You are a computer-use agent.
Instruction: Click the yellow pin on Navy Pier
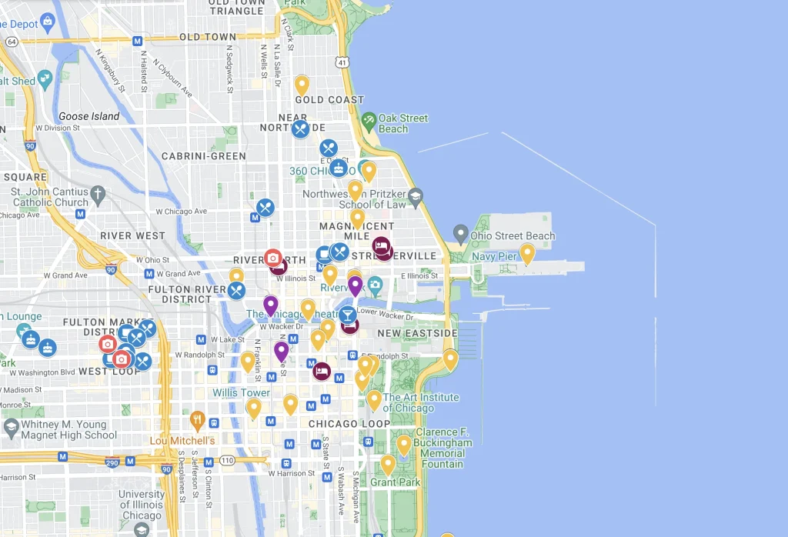pos(527,252)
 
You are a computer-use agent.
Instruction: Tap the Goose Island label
pos(89,116)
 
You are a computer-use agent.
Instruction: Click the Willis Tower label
pos(242,392)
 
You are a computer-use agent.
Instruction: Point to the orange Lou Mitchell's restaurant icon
pos(198,420)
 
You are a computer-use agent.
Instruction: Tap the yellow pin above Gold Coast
pos(302,84)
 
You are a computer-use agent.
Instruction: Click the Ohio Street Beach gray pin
pos(461,232)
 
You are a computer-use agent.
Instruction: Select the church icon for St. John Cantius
pos(97,192)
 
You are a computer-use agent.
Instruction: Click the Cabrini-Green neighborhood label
pos(204,156)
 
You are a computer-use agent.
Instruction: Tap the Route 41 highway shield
pos(341,61)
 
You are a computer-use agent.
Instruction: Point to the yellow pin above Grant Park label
pos(389,464)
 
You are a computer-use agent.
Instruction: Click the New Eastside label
pos(417,333)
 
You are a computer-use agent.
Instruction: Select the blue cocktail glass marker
pos(348,315)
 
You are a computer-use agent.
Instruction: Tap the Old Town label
pos(208,37)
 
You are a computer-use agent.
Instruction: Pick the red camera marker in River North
pos(272,258)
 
